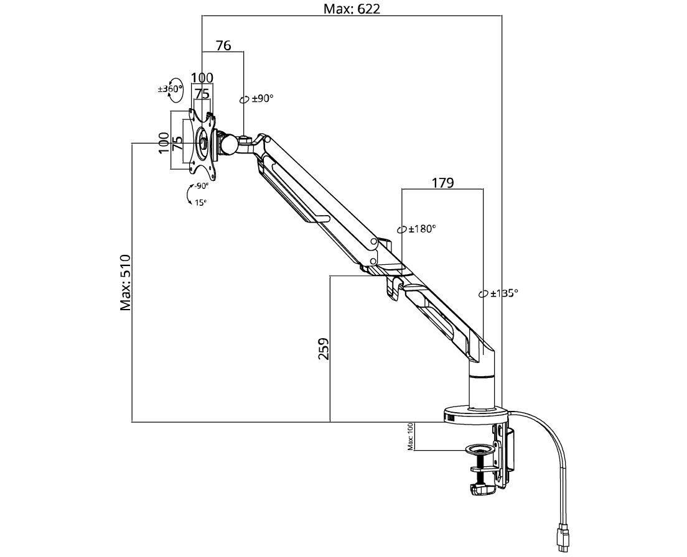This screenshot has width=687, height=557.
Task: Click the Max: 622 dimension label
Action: pyautogui.click(x=352, y=9)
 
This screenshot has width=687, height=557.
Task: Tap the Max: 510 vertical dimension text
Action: pyautogui.click(x=126, y=282)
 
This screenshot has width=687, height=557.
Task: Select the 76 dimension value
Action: pyautogui.click(x=223, y=45)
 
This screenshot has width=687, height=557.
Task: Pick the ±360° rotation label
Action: pyautogui.click(x=169, y=89)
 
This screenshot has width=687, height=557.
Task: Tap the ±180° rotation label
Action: pyautogui.click(x=422, y=228)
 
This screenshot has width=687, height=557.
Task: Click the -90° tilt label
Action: pyautogui.click(x=201, y=186)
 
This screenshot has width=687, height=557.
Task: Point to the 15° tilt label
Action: pyautogui.click(x=200, y=202)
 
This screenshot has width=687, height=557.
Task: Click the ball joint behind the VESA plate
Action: pyautogui.click(x=228, y=144)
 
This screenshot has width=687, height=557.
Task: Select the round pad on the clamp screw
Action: pyautogui.click(x=479, y=448)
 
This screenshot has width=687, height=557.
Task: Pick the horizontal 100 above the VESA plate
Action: pyautogui.click(x=202, y=78)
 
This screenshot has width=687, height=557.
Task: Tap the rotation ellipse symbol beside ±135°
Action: pyautogui.click(x=482, y=293)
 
